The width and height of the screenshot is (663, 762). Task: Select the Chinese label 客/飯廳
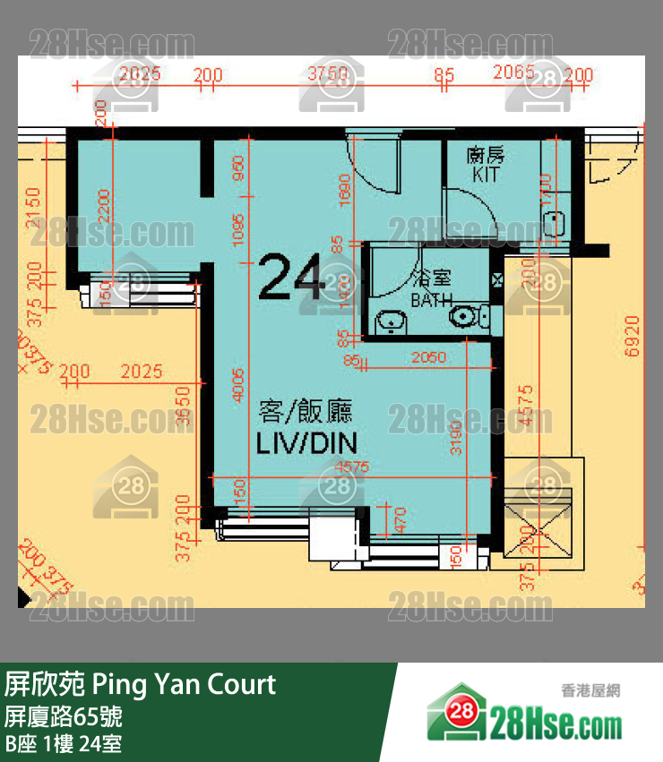(x=305, y=412)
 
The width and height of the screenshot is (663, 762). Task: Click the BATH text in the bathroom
(x=431, y=301)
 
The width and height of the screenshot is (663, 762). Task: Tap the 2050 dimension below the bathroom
(x=427, y=358)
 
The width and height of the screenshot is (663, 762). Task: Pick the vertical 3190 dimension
(x=456, y=438)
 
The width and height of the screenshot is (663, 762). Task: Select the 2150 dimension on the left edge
(x=34, y=208)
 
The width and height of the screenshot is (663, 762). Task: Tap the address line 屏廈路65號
(x=64, y=716)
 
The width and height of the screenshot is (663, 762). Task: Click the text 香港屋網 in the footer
(x=590, y=690)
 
